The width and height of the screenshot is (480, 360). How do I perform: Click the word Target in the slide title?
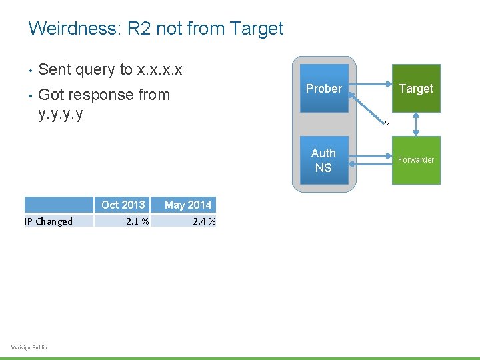pyautogui.click(x=256, y=29)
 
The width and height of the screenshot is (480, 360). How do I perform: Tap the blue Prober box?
pyautogui.click(x=324, y=89)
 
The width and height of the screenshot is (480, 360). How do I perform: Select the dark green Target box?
pyautogui.click(x=416, y=89)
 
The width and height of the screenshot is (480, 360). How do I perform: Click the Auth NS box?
pyautogui.click(x=324, y=160)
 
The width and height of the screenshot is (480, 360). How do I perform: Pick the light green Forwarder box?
pyautogui.click(x=416, y=160)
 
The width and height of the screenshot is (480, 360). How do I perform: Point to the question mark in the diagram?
pyautogui.click(x=387, y=124)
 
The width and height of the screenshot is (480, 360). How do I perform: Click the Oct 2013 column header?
pyautogui.click(x=123, y=205)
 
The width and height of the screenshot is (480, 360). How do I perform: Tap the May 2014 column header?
pyautogui.click(x=188, y=205)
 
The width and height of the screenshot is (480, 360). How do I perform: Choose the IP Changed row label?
pyautogui.click(x=49, y=221)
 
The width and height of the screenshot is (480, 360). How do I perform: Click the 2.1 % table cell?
pyautogui.click(x=137, y=221)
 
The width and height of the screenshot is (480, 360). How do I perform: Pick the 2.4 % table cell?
pyautogui.click(x=204, y=221)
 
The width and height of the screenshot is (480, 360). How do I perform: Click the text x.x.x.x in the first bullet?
pyautogui.click(x=159, y=69)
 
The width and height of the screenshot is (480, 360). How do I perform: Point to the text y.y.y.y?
pyautogui.click(x=61, y=113)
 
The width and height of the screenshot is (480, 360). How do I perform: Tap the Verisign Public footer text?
pyautogui.click(x=29, y=347)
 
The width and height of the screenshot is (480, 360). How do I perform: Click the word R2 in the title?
pyautogui.click(x=141, y=29)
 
